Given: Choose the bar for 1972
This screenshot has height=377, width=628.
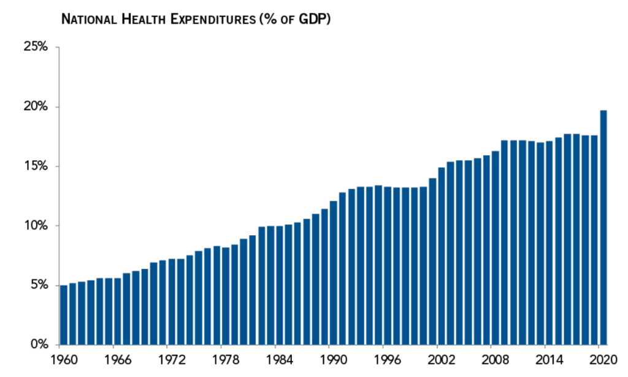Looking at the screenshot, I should tap(172, 301).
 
